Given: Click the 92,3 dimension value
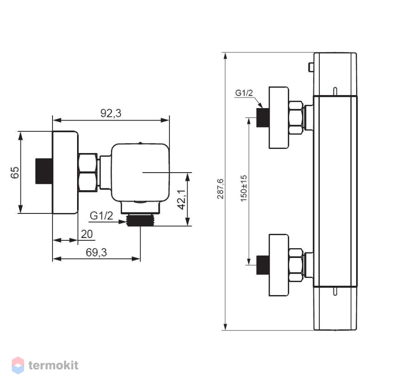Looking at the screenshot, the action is [x=110, y=113].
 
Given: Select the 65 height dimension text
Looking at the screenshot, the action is [x=15, y=172].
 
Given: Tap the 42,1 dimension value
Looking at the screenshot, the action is [x=182, y=199].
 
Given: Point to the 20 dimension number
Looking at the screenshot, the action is [x=87, y=234].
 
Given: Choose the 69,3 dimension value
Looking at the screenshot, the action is [x=96, y=252].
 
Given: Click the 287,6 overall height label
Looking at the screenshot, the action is [x=221, y=189].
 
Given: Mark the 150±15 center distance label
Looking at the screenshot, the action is [x=244, y=188].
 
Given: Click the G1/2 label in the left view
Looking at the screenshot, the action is [x=101, y=216].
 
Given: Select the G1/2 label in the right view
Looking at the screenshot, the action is [x=244, y=93].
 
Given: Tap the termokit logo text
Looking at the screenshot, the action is [x=53, y=365].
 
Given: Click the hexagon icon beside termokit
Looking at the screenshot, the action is [x=18, y=365].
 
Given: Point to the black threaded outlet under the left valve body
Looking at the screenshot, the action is [x=140, y=220].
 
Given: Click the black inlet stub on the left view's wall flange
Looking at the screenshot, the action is [x=44, y=171].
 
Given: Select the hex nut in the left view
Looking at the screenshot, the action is [x=88, y=172].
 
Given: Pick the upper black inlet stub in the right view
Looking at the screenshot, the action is [x=263, y=117].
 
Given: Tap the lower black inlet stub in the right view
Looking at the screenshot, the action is [x=263, y=265].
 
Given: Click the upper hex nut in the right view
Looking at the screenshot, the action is [x=296, y=117].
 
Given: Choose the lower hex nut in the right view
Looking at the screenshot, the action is [x=296, y=265].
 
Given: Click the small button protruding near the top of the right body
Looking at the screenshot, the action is [x=311, y=67].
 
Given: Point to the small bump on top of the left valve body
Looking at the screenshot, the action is [x=140, y=143].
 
